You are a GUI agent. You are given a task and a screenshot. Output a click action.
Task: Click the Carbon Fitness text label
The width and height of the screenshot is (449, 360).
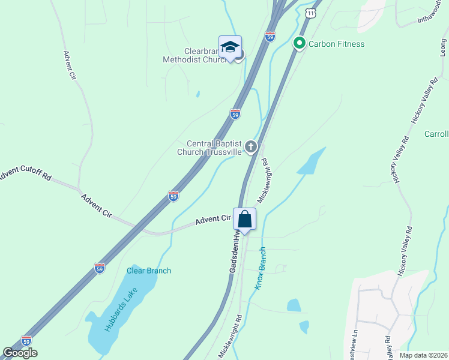(336, 44)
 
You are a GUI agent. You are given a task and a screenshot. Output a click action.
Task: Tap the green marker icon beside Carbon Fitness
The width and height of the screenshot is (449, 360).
(299, 43)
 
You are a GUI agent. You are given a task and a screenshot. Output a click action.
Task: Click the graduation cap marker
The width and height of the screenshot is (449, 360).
(230, 47)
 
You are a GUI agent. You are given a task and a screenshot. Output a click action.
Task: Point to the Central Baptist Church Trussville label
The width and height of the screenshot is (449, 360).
(213, 148)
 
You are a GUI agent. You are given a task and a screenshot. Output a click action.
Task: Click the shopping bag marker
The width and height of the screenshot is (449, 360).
(245, 220)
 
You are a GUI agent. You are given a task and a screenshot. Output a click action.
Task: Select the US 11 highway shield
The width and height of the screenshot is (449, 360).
(310, 13)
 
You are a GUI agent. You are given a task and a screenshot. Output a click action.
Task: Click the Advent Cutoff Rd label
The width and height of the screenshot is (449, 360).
(26, 176)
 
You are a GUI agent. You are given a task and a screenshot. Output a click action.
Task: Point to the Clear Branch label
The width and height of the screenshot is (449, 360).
(148, 271)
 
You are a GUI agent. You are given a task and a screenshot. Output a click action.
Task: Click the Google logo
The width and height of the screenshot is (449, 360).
(20, 353)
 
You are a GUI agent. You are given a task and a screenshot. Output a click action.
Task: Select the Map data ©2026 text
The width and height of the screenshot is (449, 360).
(424, 355)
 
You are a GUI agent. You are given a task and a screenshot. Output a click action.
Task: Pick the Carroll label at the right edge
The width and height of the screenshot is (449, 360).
(436, 134)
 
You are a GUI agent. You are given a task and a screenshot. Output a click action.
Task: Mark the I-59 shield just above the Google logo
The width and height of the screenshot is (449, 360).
(26, 340)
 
